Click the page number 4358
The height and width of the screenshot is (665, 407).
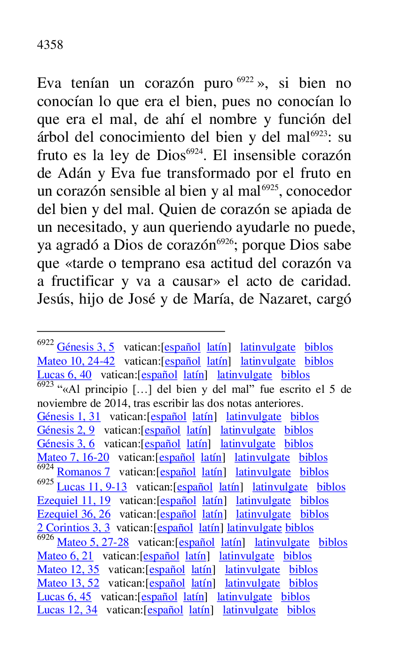pos(50,45)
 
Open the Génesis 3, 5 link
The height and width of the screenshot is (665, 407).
pos(85,347)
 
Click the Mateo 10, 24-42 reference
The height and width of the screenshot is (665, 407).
pos(76,361)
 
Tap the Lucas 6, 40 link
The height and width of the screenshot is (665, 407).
pos(64,375)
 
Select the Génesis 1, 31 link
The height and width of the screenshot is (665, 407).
pos(69,417)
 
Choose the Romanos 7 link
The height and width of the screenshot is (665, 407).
pos(83,472)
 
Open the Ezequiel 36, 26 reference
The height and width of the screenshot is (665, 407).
pos(74,514)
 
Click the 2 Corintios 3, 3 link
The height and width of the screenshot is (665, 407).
pos(73,528)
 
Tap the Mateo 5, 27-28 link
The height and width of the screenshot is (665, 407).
pos(93,543)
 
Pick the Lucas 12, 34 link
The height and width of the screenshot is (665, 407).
pos(67,610)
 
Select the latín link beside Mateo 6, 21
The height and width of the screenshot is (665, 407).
pos(195,556)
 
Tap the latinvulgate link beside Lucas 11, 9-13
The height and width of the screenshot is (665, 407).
pos(280,487)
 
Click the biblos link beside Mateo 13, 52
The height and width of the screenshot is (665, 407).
pos(303,583)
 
